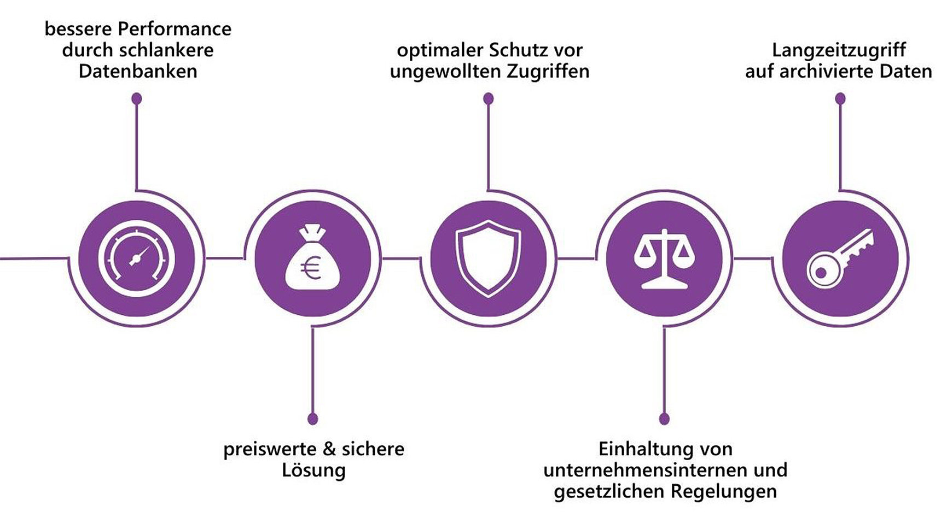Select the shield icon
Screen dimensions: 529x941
[x=488, y=258]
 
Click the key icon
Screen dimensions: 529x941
[x=840, y=258]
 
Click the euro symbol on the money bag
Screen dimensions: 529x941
[x=311, y=268]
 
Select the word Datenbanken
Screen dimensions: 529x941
[x=137, y=72]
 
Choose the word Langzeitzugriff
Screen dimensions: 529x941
[x=839, y=50]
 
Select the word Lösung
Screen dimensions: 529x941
[x=313, y=471]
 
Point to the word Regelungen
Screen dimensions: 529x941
[x=723, y=491]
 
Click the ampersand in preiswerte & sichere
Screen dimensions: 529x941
[x=329, y=449]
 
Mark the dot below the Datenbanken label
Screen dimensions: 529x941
[x=137, y=98]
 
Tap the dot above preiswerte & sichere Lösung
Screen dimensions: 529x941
[x=312, y=419]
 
